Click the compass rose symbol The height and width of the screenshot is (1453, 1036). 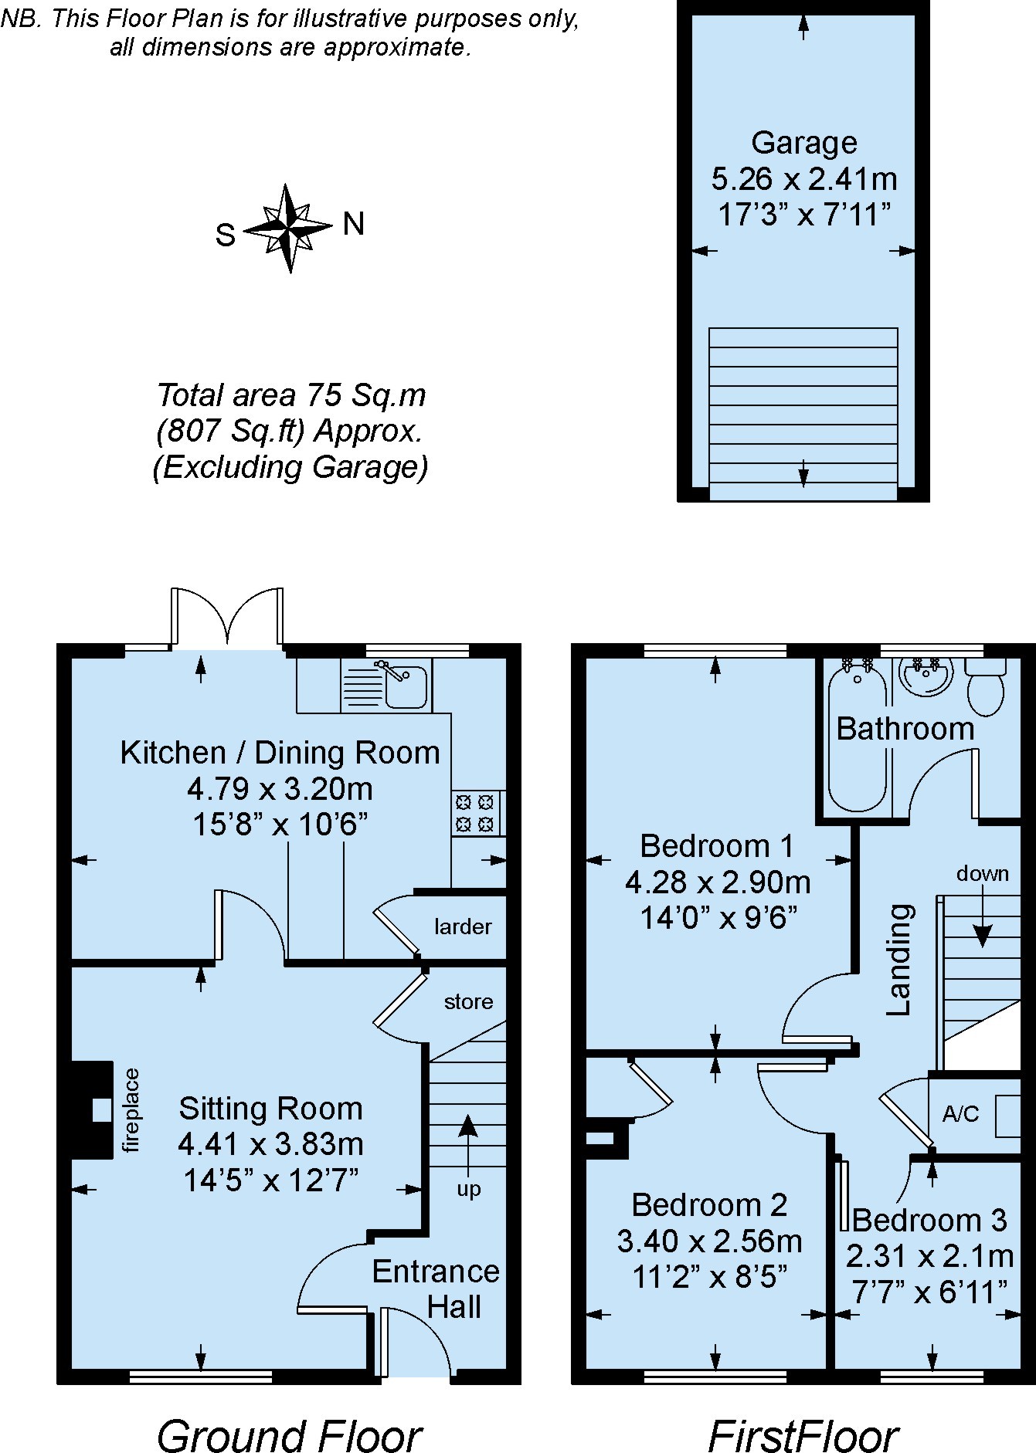pos(290,229)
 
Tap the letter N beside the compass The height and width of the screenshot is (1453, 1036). pos(353,225)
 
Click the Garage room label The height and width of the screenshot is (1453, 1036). pos(804,143)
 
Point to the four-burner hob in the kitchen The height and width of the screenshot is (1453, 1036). pos(474,813)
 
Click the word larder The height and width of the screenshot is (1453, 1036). pos(463,926)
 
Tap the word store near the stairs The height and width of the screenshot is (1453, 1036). pos(468,1001)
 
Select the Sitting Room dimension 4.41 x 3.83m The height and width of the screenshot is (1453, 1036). pos(270,1144)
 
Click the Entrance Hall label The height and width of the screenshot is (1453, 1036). pos(436,1289)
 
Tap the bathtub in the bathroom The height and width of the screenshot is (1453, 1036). pos(858,737)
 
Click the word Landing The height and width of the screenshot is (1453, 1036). pos(899,960)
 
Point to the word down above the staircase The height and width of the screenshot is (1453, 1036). pos(983,873)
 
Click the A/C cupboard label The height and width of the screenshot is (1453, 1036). pos(960,1113)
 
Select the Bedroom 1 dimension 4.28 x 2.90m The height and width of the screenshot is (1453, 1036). pos(718,882)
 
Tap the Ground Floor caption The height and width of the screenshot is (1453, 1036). pos(289,1416)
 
